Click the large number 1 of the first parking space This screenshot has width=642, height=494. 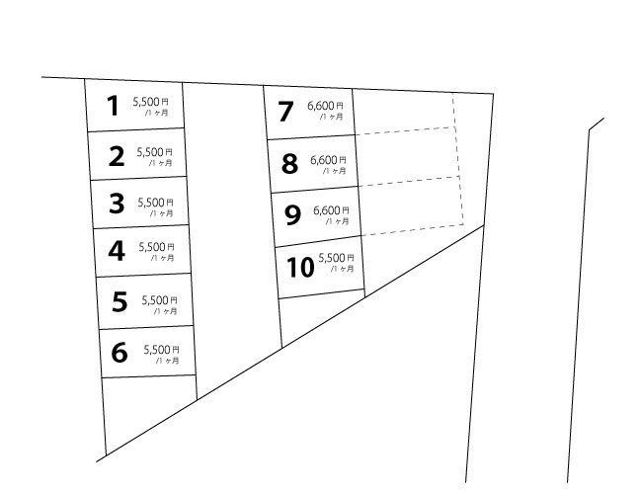[x=113, y=106]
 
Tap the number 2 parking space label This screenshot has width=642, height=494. [x=117, y=156]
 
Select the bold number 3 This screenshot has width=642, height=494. [x=117, y=204]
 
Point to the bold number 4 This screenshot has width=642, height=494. [x=117, y=251]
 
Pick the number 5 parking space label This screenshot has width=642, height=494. [x=120, y=301]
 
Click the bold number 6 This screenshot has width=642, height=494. [x=120, y=353]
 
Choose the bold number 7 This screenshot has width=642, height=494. [x=285, y=112]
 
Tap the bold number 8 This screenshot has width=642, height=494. [x=289, y=163]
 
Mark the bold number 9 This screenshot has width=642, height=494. [x=292, y=215]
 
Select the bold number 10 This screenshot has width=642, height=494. [x=300, y=268]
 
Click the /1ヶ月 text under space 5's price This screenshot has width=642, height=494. [x=165, y=311]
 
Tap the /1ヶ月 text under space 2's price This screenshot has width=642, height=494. [x=160, y=163]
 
